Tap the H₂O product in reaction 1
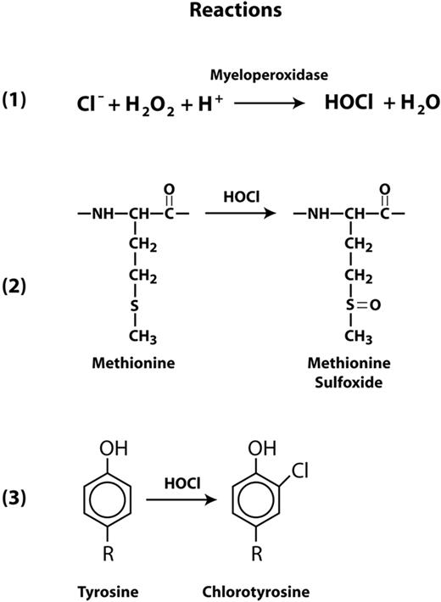pos(410,103)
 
